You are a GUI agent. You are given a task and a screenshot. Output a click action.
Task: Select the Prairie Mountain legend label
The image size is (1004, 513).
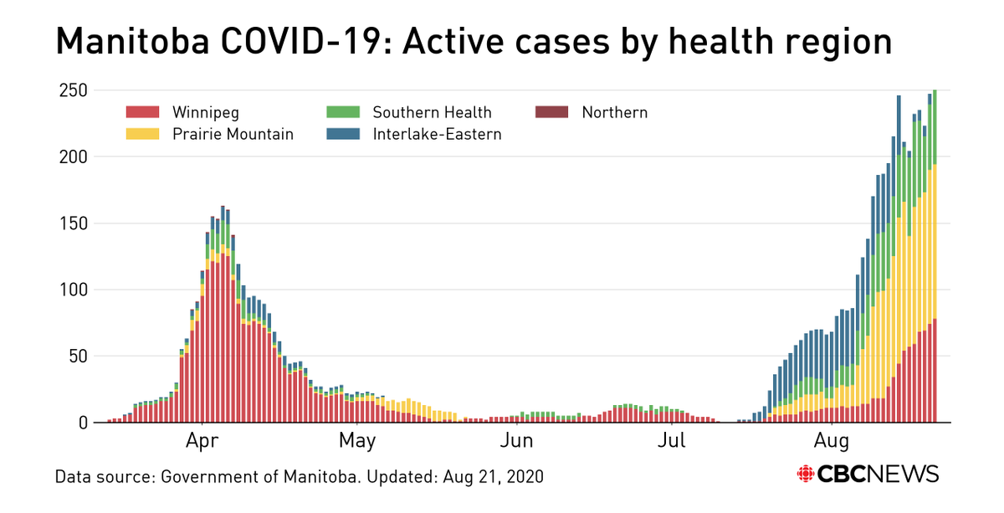point(233,134)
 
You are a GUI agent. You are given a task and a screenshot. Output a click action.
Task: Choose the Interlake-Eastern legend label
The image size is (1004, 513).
point(437,134)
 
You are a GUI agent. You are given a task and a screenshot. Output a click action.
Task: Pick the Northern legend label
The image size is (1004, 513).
point(615,112)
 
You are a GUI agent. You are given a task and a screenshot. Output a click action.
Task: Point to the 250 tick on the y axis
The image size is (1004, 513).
point(73,90)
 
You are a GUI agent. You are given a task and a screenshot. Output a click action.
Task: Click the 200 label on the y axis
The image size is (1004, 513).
point(73,156)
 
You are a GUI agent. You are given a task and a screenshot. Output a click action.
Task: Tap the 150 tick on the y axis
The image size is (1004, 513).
point(73,223)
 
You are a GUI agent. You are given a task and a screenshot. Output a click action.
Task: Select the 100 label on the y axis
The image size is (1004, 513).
point(73,290)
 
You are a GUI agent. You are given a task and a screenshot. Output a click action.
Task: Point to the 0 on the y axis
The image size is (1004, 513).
point(82,423)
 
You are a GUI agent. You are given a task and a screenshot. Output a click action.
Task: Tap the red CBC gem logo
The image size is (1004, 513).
point(805,474)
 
